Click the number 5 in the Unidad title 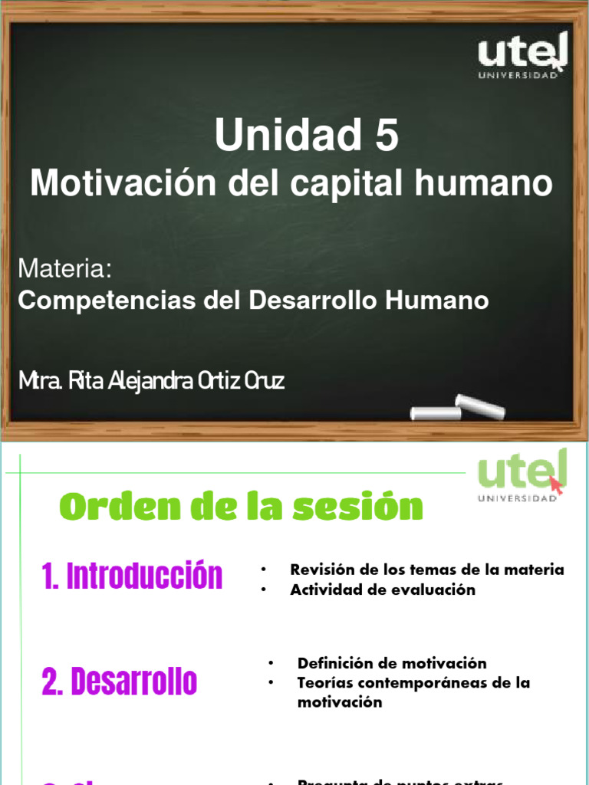(386, 136)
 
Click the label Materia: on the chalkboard (65, 269)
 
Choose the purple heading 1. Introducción (133, 576)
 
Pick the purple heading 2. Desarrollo (120, 681)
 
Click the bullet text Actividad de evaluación (383, 590)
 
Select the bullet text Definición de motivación (392, 663)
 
